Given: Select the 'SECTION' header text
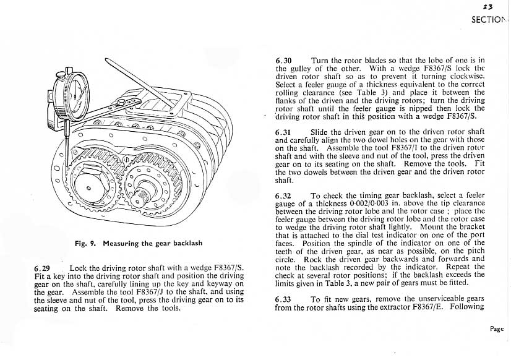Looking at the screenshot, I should coord(489,19).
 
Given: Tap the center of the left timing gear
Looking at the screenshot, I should coord(88,187).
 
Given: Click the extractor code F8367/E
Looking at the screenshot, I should coord(433,307).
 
